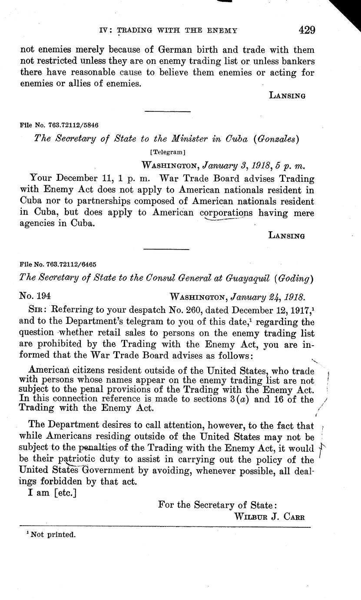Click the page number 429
click(x=307, y=30)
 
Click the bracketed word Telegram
click(x=167, y=152)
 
